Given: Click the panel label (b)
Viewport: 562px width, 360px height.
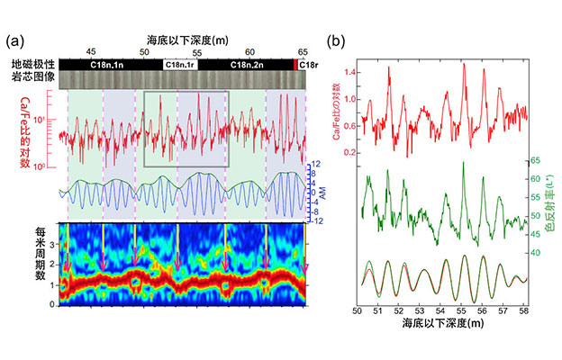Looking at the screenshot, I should coord(336,41).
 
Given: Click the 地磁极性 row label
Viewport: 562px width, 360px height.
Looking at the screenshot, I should coord(33,65).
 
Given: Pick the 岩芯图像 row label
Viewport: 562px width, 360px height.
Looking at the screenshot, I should coord(33,78).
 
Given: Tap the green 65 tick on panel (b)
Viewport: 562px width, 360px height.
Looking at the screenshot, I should coord(534,161).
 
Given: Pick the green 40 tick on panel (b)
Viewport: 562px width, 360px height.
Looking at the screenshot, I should coord(534,254).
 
